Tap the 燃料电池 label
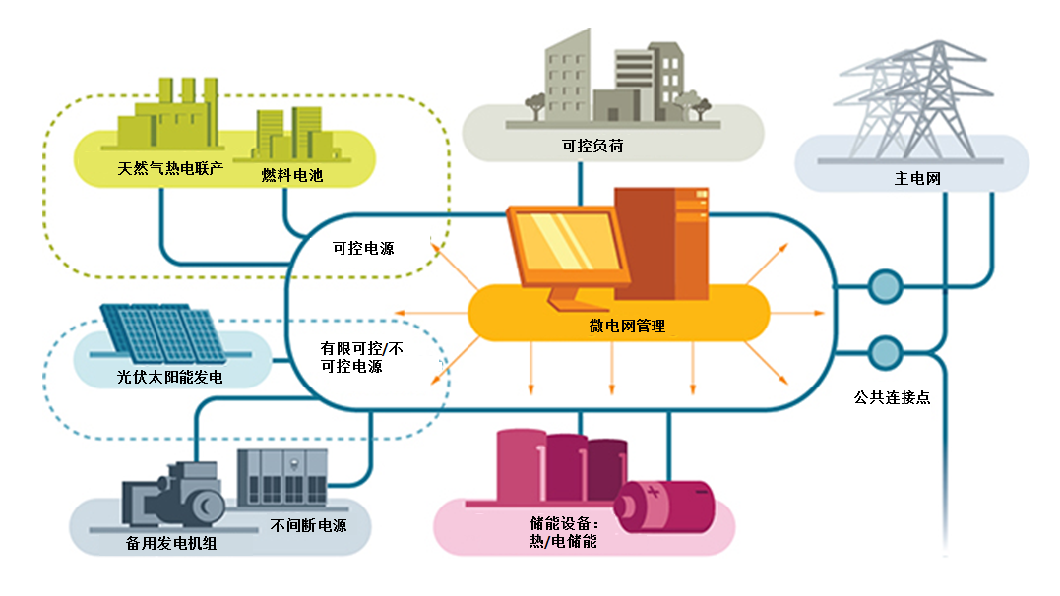pos(292,176)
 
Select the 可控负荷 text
pos(592,147)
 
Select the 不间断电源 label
pos(308,525)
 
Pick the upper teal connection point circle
pos(884,287)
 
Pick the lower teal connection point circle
pos(884,352)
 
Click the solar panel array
pos(159,328)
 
